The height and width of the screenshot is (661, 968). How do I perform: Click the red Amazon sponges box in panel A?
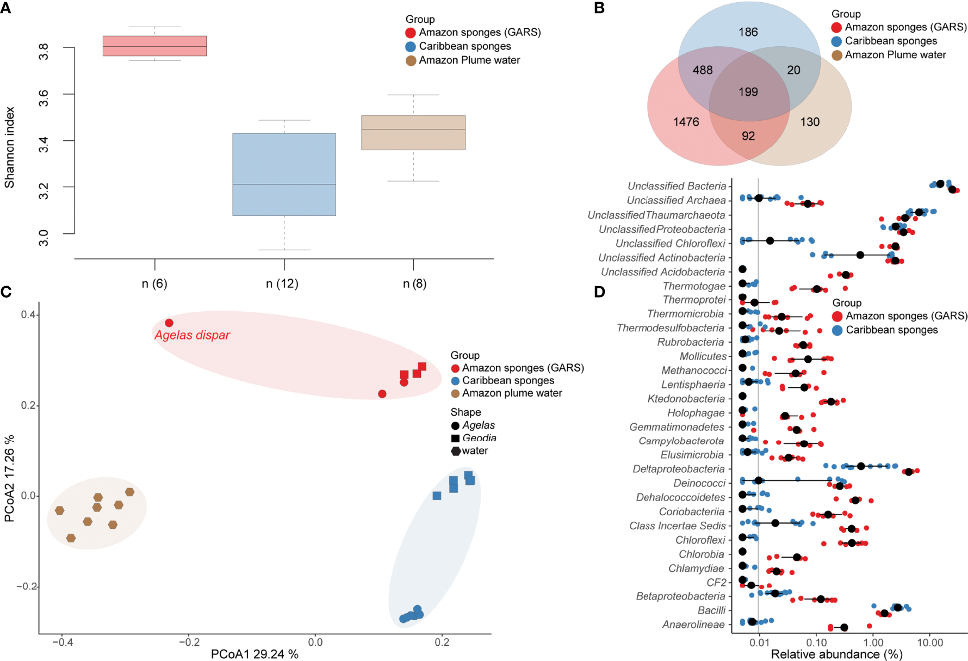tap(154, 46)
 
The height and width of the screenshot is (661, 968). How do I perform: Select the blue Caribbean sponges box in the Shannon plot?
tap(284, 174)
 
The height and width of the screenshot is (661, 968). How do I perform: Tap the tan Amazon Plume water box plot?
tap(413, 132)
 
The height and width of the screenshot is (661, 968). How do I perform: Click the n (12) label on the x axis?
tap(282, 283)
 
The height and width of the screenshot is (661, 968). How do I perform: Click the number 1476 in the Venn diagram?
tap(686, 122)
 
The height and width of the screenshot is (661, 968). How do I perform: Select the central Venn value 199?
tap(748, 92)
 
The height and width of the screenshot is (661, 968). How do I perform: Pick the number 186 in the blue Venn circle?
tap(748, 32)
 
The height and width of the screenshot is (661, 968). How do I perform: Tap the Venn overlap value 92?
tap(748, 136)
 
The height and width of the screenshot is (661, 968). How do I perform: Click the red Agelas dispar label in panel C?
tap(192, 335)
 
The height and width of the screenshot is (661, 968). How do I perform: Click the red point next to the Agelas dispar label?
tap(169, 323)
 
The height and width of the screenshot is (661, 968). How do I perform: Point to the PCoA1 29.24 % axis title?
tap(255, 654)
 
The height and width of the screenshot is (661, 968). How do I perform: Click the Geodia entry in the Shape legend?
tap(479, 438)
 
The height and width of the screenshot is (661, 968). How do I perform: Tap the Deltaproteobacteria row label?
tap(679, 469)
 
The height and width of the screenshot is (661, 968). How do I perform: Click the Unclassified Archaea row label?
tap(676, 201)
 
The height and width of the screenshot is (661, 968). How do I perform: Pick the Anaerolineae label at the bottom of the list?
tap(693, 625)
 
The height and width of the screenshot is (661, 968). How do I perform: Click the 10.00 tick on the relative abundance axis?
tap(930, 643)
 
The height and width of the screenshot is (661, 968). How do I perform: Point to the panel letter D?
tap(599, 292)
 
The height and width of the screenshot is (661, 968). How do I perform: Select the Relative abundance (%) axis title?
tap(836, 654)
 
